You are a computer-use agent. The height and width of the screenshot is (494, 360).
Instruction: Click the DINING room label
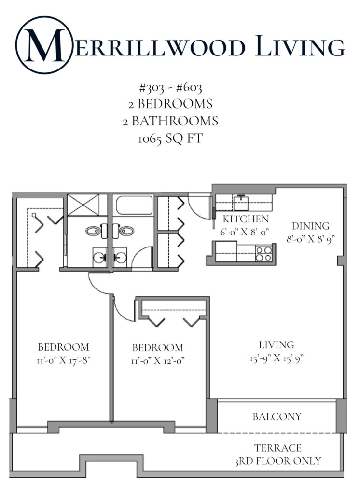click(x=310, y=226)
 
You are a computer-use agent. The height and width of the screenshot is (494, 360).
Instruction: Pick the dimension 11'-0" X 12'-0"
click(x=158, y=360)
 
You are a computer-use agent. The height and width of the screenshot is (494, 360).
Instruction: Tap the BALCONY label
click(x=277, y=416)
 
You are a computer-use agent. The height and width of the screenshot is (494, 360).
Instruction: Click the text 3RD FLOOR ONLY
click(x=277, y=461)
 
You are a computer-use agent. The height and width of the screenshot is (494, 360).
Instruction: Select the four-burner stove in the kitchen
click(x=263, y=253)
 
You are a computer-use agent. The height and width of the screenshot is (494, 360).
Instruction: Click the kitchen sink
click(x=240, y=202)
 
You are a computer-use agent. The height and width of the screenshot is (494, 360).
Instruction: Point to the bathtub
click(x=135, y=206)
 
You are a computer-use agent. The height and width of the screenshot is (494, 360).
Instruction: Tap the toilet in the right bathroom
click(x=127, y=231)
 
